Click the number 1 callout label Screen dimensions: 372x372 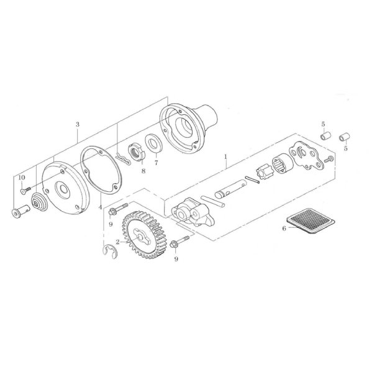tap(226, 159)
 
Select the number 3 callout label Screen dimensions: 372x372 tap(77, 124)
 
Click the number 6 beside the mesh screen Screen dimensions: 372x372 tap(284, 228)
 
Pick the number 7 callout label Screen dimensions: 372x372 tap(156, 164)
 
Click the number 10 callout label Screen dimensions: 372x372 tap(21, 178)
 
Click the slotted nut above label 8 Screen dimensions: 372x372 tap(134, 150)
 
